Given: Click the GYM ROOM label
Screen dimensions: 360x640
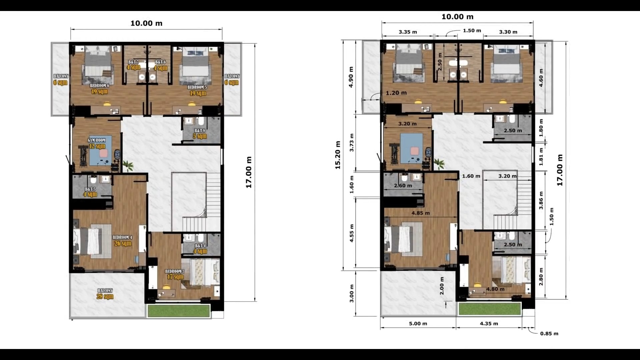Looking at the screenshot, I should pos(96,140).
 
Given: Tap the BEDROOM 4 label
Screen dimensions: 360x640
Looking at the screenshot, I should pos(122,237).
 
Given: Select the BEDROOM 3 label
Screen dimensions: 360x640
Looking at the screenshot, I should pos(175,271).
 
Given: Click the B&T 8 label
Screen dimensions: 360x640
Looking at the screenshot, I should pos(200,131).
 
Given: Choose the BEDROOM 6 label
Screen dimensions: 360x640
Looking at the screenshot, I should pos(99,86).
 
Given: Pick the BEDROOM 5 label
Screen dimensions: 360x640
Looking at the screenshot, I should pos(197,87).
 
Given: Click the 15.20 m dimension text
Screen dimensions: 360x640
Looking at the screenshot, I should pos(338,155).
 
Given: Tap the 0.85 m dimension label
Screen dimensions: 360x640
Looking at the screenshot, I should pos(549,334).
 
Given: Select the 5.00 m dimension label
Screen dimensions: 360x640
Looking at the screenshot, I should pos(418,324).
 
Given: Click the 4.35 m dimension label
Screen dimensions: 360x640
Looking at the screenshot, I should pos(489,324).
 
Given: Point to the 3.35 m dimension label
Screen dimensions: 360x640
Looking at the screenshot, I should pos(408,32).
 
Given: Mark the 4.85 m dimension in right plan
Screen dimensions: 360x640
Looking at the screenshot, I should pos(420,213).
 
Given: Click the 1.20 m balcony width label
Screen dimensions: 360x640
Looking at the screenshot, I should pos(396,93).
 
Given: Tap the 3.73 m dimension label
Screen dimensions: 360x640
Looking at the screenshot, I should pos(352,143).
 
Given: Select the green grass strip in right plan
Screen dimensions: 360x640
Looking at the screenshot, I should pos(489,309).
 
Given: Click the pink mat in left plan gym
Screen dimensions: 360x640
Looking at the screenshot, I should pos(103,153).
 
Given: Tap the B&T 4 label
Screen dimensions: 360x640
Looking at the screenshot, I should pos(200,246).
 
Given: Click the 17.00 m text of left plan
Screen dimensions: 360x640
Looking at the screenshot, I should pos(249,172).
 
